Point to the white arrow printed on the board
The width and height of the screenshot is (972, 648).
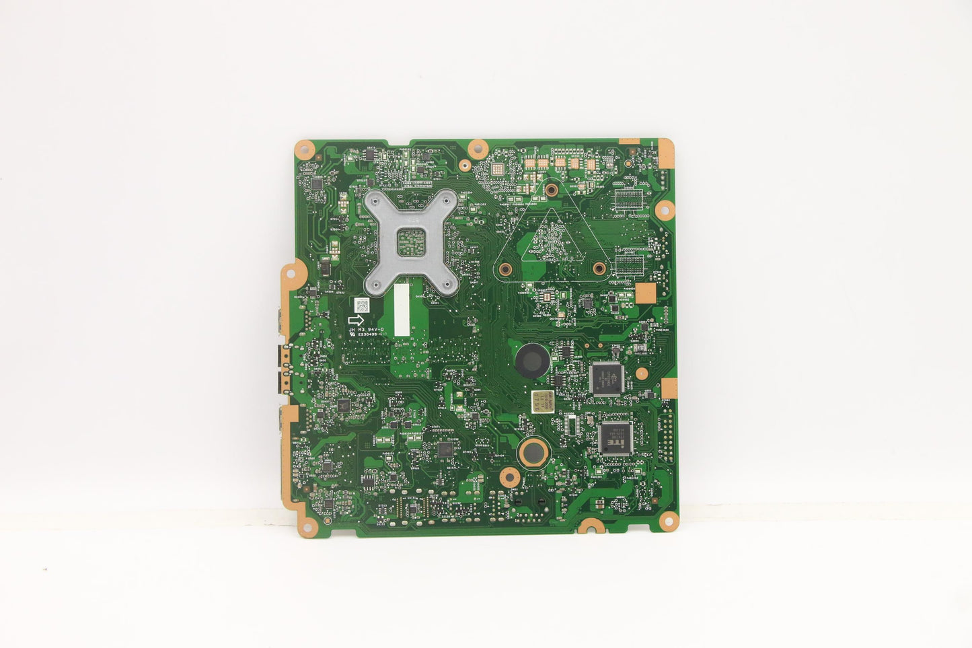[x=357, y=320]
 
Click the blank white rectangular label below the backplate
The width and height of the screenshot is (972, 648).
[x=401, y=308]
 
